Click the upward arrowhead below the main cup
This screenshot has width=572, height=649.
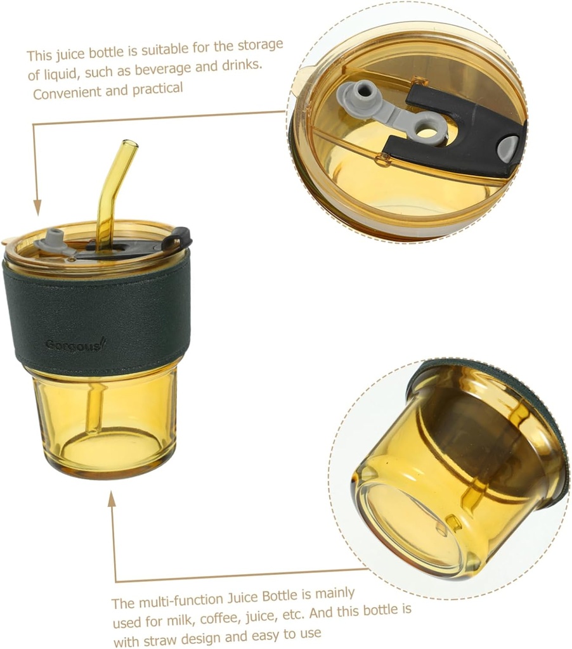[x=112, y=500]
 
